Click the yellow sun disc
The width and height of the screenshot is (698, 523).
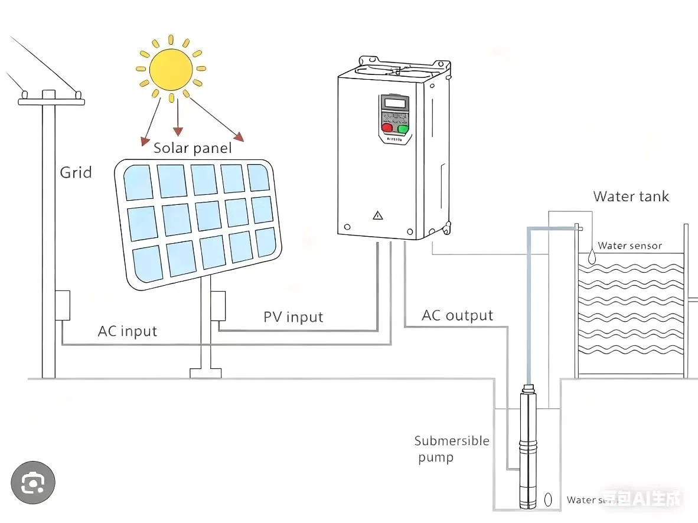(x=171, y=69)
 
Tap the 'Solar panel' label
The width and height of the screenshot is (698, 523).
(x=193, y=148)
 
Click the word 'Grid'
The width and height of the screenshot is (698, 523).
(x=76, y=172)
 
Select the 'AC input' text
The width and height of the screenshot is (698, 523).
(x=128, y=331)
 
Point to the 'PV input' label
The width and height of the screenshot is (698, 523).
(x=293, y=317)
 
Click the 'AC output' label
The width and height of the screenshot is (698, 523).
(x=457, y=315)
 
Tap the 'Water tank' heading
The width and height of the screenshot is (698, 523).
(x=631, y=196)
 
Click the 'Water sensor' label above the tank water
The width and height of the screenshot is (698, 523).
(x=629, y=246)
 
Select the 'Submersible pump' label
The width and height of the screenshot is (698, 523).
(x=451, y=449)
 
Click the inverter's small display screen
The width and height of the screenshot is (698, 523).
(x=394, y=103)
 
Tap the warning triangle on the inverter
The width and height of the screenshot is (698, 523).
(x=378, y=215)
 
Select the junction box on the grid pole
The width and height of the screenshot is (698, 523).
(x=63, y=305)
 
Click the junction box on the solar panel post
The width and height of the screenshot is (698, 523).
(x=218, y=306)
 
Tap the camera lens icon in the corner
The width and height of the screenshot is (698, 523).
(x=32, y=483)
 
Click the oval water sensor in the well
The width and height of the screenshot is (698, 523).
(x=548, y=499)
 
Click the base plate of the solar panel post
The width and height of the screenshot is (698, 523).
(x=206, y=373)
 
